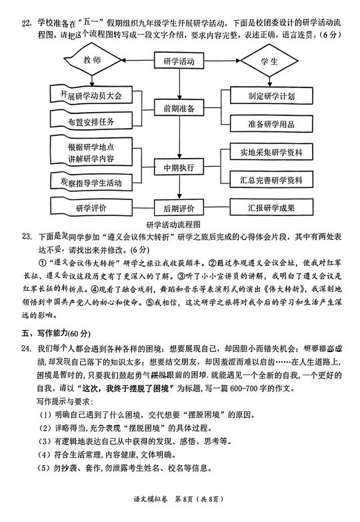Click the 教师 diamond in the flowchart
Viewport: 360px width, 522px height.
(x=93, y=60)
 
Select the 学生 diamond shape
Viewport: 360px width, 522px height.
(x=269, y=61)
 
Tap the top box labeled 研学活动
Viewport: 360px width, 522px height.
(x=179, y=61)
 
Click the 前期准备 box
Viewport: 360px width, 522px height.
(x=179, y=108)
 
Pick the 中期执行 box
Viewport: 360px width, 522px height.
(x=179, y=167)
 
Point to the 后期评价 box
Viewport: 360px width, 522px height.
(x=179, y=208)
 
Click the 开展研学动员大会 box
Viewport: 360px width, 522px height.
(x=91, y=95)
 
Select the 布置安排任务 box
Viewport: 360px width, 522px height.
(x=91, y=121)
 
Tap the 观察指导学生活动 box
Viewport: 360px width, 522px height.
(x=91, y=182)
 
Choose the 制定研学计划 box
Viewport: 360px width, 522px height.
(x=271, y=96)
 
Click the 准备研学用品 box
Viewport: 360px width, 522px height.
(x=271, y=124)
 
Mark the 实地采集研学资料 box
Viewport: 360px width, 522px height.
(x=271, y=152)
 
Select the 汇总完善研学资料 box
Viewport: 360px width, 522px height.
(x=271, y=180)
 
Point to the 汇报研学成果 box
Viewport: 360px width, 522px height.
(x=271, y=207)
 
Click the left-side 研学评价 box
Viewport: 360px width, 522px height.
(x=91, y=207)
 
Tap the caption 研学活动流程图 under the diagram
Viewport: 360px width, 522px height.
(x=173, y=225)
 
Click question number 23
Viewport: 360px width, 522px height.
(x=27, y=237)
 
